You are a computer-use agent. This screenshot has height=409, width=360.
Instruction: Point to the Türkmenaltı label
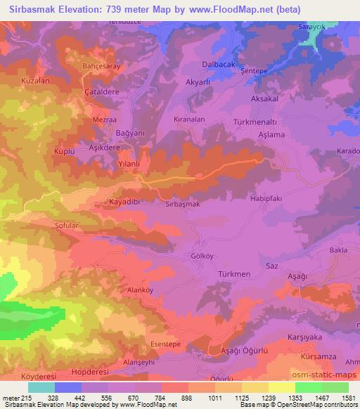pyautogui.click(x=257, y=122)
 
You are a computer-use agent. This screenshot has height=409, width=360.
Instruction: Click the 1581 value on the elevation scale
pyautogui.click(x=347, y=398)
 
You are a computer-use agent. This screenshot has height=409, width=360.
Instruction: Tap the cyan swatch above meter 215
pyautogui.click(x=41, y=387)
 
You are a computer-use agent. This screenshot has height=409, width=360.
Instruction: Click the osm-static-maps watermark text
pyautogui.click(x=331, y=378)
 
